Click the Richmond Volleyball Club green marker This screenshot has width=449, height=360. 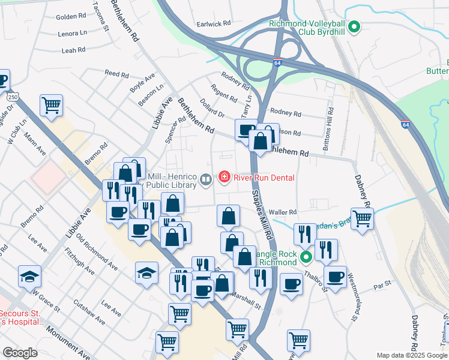(354, 26)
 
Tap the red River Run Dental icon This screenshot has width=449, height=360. (224, 177)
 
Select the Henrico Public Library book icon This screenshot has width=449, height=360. (206, 179)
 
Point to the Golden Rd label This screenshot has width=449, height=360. (72, 17)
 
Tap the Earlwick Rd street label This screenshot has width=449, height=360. (214, 24)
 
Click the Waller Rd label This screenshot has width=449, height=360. (283, 212)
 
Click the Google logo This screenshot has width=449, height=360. (20, 352)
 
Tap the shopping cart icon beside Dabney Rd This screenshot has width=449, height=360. (362, 218)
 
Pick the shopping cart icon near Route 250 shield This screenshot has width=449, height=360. (52, 105)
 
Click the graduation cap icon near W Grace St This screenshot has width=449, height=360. (29, 276)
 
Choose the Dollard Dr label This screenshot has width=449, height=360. (212, 109)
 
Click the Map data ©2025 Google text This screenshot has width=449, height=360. (411, 355)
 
